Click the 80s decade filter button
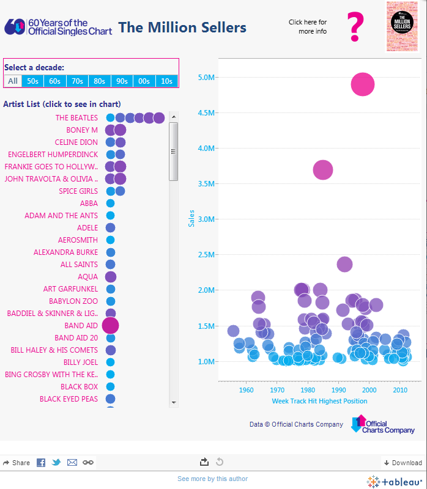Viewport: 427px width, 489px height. [99, 81]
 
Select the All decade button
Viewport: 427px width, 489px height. [12, 81]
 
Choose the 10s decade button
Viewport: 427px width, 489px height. [166, 81]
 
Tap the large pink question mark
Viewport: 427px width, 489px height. [355, 26]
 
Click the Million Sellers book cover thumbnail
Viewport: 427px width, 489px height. [402, 26]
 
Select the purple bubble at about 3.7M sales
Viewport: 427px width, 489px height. [323, 171]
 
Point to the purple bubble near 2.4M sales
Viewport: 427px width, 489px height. [344, 264]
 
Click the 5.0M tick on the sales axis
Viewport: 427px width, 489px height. [205, 77]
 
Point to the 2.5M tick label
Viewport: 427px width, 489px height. [205, 254]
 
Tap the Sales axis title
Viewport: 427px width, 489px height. [191, 219]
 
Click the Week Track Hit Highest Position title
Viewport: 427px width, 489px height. [319, 401]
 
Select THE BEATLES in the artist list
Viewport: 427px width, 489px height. [76, 117]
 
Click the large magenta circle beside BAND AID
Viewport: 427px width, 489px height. [110, 326]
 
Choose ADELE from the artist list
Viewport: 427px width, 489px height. [87, 227]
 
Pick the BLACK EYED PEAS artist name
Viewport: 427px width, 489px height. [69, 399]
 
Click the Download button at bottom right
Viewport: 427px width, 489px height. [403, 463]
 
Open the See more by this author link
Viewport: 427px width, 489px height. [212, 479]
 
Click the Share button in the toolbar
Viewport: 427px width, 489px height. [17, 463]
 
